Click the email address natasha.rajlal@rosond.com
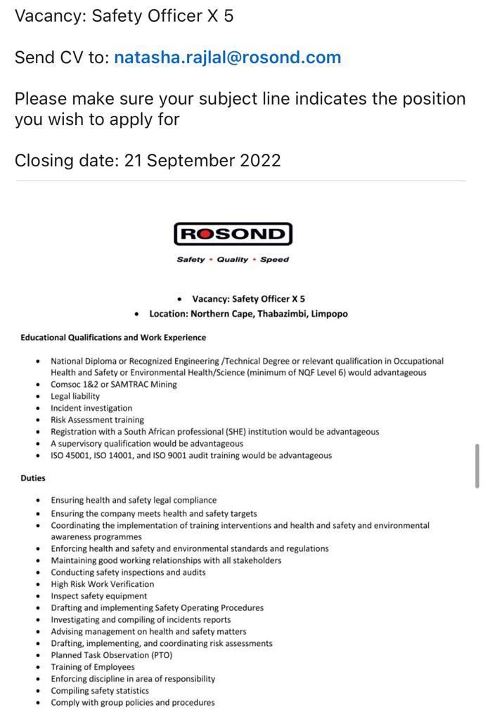click(x=227, y=58)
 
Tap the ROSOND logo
click(x=233, y=234)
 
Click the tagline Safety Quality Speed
click(x=233, y=260)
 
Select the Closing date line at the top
click(x=148, y=160)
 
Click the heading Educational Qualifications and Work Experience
click(x=113, y=338)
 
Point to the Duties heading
click(x=33, y=478)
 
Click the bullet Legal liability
click(x=75, y=396)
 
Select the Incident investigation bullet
click(x=91, y=408)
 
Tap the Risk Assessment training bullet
click(x=97, y=420)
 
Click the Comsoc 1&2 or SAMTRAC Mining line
click(x=114, y=385)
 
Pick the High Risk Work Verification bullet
click(x=102, y=584)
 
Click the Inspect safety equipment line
click(x=99, y=596)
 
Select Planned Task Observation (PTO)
click(x=111, y=655)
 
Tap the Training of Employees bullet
click(x=93, y=667)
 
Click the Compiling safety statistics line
click(x=100, y=691)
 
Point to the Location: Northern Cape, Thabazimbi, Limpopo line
click(x=248, y=314)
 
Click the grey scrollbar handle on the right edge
click(x=477, y=466)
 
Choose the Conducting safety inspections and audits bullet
click(x=128, y=572)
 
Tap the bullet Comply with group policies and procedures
click(x=133, y=703)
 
